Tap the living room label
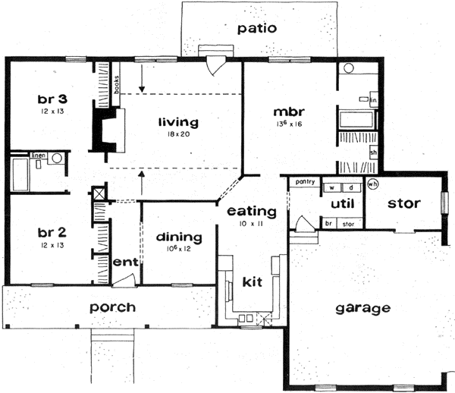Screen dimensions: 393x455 178,121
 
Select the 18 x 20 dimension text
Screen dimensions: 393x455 178,134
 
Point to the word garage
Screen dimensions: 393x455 365,308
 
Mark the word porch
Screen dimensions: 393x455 112,307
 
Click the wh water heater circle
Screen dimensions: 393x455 372,184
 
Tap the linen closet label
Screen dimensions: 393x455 38,156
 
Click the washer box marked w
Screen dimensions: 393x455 332,186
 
